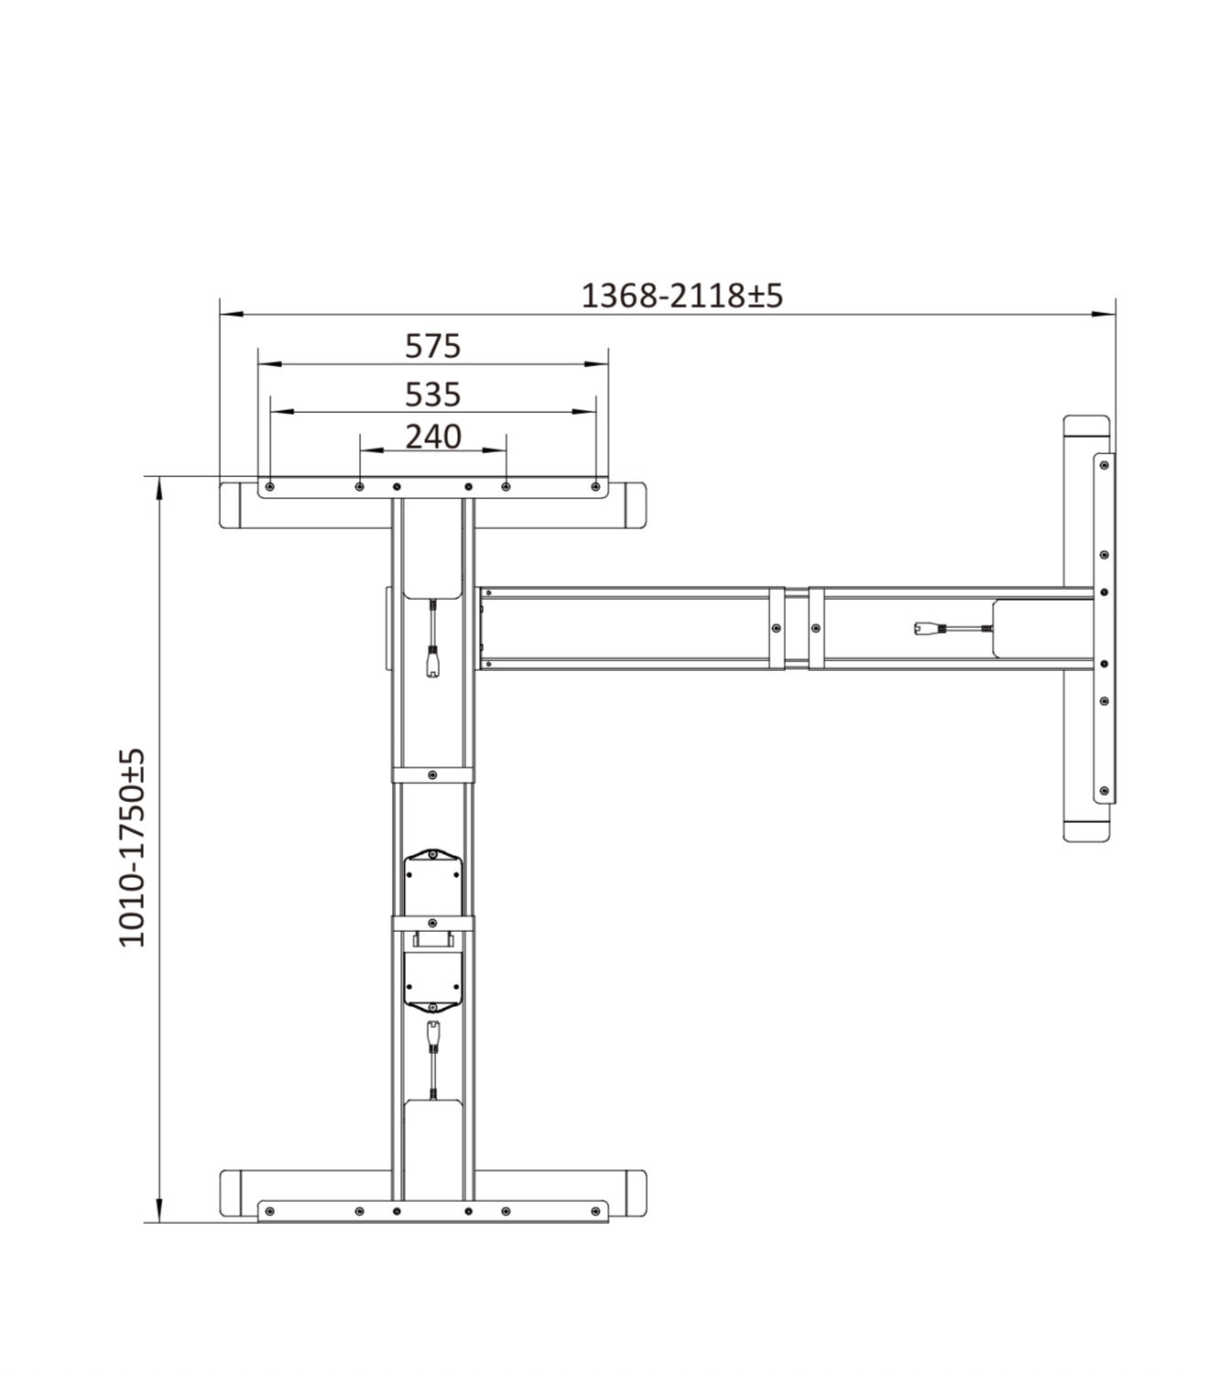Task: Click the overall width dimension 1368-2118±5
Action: (x=682, y=296)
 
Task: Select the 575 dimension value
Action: (x=432, y=346)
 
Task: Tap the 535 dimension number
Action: (x=432, y=395)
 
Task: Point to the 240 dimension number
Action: (x=432, y=437)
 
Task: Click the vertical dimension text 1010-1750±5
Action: (x=133, y=848)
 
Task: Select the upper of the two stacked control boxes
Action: (x=432, y=881)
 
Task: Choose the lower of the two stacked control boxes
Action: (x=432, y=978)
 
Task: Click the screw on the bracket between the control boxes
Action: (x=432, y=924)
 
